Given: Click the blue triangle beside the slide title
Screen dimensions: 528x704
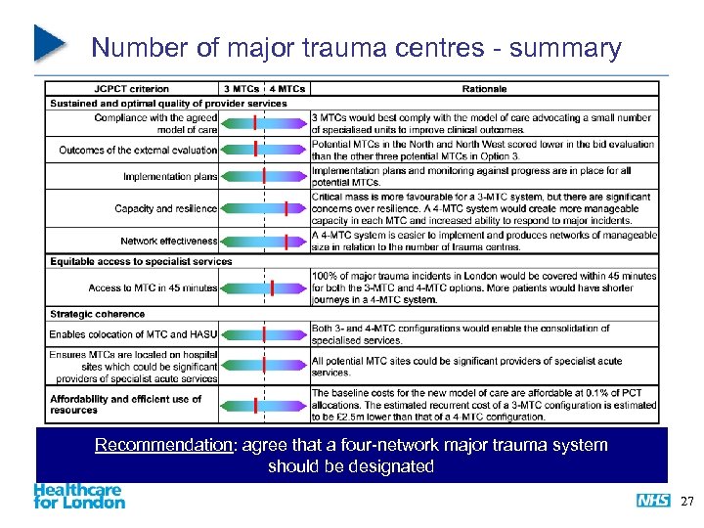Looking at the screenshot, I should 49,41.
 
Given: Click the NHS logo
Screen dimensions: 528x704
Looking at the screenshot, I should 653,501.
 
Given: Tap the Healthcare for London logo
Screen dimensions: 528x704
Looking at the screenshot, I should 79,496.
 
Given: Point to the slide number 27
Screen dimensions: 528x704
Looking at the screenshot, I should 685,502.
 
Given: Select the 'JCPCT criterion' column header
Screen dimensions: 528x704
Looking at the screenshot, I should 131,89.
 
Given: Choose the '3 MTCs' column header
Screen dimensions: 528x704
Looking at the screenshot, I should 242,89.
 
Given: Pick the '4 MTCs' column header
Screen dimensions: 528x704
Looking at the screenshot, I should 286,89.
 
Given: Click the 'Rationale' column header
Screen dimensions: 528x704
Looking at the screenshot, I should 484,89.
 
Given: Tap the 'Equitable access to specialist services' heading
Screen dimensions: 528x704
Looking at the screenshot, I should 141,261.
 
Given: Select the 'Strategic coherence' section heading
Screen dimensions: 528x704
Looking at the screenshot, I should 97,314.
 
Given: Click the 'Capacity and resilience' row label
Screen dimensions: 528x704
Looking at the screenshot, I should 165,208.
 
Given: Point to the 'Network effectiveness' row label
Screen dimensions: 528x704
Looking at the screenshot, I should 168,241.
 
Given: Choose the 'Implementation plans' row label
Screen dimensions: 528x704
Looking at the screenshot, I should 170,177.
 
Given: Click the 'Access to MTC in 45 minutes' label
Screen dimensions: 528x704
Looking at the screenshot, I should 153,287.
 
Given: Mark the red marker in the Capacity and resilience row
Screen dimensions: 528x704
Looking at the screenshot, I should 286,208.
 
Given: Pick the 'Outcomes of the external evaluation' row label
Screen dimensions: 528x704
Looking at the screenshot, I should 138,150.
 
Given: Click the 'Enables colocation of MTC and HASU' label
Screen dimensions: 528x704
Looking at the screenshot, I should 133,334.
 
